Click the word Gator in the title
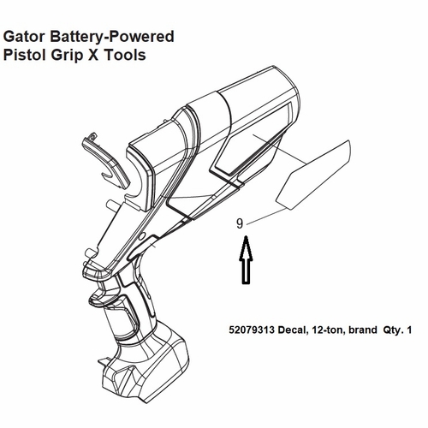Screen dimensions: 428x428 pos(24,37)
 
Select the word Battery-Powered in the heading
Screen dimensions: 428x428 pos(112,38)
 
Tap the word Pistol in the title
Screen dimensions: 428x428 pos(24,55)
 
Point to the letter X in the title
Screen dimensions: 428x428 pos(93,55)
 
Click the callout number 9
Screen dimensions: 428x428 pos(240,223)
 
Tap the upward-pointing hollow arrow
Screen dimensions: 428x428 pos(246,259)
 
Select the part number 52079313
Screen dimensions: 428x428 pos(252,330)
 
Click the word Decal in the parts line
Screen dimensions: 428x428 pos(293,330)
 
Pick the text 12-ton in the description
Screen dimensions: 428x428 pos(328,330)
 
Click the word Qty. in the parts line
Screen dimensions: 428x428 pos(393,330)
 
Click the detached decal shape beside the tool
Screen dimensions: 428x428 pos(313,175)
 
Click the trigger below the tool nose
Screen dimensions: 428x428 pos(105,295)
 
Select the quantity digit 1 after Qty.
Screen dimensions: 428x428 pos(409,330)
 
